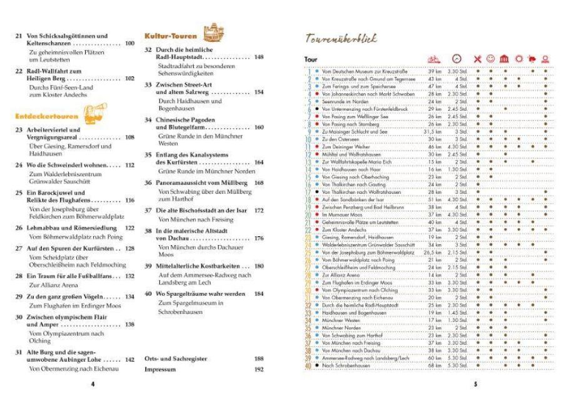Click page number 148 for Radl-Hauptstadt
coord(259,57)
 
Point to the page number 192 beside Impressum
coord(259,369)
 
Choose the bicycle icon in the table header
coord(432,60)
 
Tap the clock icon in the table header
coord(457,59)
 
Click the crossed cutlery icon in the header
coord(478,59)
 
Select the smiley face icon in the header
coord(491,59)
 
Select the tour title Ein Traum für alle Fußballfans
coord(68,276)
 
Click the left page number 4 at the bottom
coord(93,384)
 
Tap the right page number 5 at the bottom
coord(475,384)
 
